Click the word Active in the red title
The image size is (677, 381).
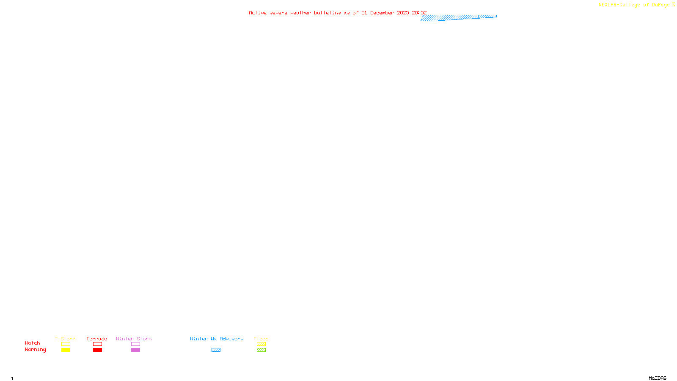pyautogui.click(x=258, y=13)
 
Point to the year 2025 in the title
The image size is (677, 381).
pyautogui.click(x=403, y=13)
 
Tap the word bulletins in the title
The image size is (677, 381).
pyautogui.click(x=327, y=13)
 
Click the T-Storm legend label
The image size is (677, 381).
pyautogui.click(x=65, y=339)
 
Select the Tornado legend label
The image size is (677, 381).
pyautogui.click(x=97, y=339)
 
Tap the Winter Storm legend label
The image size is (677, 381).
pyautogui.click(x=134, y=339)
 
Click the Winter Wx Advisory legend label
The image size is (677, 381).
pyautogui.click(x=217, y=339)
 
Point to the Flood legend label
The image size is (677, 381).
pyautogui.click(x=261, y=339)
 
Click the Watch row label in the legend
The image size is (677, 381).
pyautogui.click(x=33, y=343)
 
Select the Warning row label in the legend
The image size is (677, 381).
pyautogui.click(x=36, y=350)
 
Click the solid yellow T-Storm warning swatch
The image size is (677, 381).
pyautogui.click(x=66, y=350)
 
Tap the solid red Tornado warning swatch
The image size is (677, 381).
pyautogui.click(x=97, y=350)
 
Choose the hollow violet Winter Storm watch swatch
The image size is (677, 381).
pyautogui.click(x=135, y=344)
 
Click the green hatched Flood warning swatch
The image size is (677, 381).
pyautogui.click(x=261, y=350)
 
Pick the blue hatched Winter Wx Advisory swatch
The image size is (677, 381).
pyautogui.click(x=216, y=350)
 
